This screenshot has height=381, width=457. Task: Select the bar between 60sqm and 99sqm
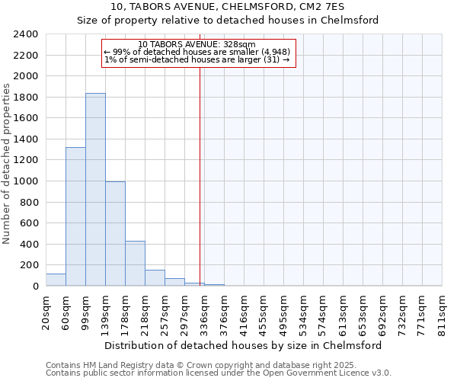tap(75, 216)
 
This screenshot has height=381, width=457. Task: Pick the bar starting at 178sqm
tap(135, 264)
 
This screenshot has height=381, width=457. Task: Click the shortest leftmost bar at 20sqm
tap(56, 280)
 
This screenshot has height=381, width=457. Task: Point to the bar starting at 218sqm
tap(155, 278)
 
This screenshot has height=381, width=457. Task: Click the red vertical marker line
tap(200, 175)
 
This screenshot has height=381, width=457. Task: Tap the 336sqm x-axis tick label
tap(205, 310)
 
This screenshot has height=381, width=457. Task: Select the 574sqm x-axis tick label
tap(324, 310)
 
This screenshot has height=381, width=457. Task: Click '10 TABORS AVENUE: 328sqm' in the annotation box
tap(197, 45)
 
